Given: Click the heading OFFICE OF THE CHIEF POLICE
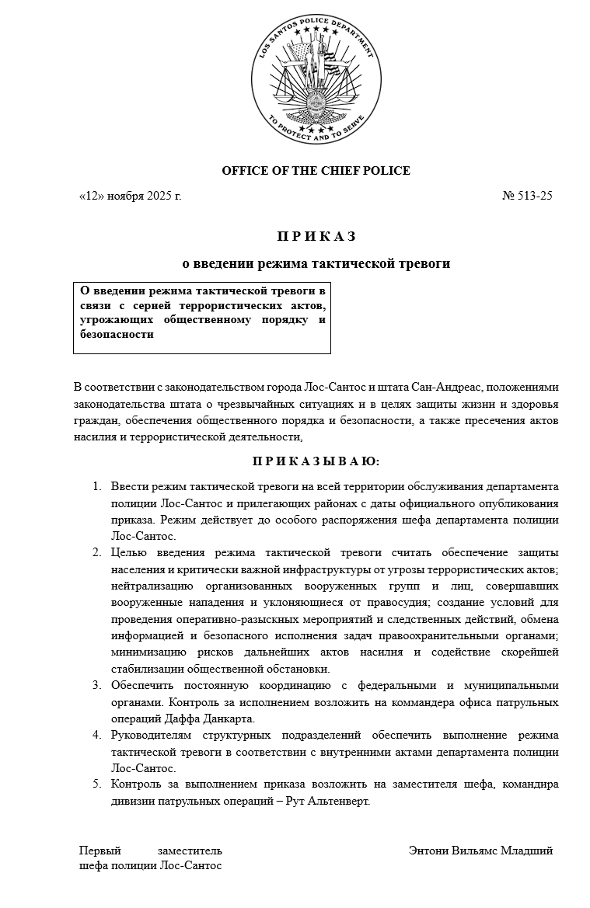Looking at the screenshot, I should pos(316,171).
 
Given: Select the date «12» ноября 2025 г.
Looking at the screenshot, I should pos(130,196).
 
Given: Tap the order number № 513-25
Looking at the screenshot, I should pos(527,196).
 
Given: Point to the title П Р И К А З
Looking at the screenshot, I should pos(316,235).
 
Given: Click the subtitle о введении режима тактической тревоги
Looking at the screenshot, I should pos(316,264).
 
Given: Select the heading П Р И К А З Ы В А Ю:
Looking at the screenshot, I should pos(316,461).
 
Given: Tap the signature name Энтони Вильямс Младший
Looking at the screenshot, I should pos(480,851).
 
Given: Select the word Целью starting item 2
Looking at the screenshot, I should pos(127,552).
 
